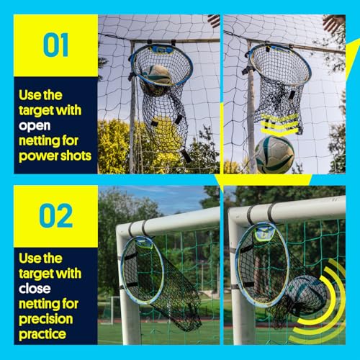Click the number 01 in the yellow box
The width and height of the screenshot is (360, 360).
tap(56, 45)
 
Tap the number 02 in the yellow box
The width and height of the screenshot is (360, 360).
tap(56, 215)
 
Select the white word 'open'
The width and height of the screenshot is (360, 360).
tap(35, 126)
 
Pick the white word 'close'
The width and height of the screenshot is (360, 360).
tap(35, 289)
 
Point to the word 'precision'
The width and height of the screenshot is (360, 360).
tap(46, 319)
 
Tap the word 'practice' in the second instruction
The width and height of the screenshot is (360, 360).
tap(42, 334)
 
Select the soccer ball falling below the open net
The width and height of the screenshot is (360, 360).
tap(274, 155)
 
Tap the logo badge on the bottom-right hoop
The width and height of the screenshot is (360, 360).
tap(264, 233)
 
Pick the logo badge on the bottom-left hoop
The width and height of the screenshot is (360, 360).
tap(143, 243)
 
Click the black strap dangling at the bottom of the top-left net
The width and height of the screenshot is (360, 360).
tap(186, 156)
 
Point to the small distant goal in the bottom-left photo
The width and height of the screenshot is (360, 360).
tap(109, 309)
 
